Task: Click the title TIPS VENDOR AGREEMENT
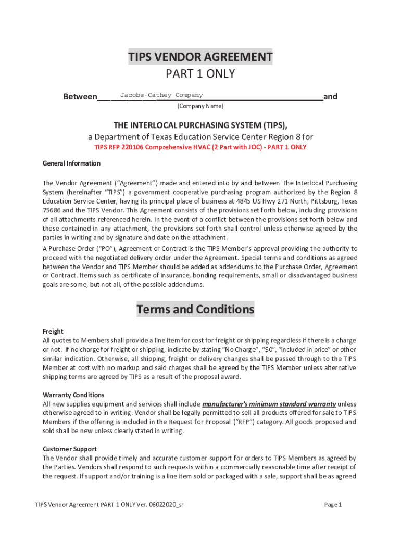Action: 200,57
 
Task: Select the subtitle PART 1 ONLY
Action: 200,74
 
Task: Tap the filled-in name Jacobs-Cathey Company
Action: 161,95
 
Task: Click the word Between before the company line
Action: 80,97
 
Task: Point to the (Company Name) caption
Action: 200,106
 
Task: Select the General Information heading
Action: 71,163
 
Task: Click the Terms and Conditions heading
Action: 195,310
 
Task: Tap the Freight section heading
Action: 53,332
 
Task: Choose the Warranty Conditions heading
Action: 73,395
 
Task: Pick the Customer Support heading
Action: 69,449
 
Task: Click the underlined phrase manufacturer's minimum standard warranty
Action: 269,404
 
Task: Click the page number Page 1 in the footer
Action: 333,505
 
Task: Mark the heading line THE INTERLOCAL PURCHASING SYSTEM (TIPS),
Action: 200,125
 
